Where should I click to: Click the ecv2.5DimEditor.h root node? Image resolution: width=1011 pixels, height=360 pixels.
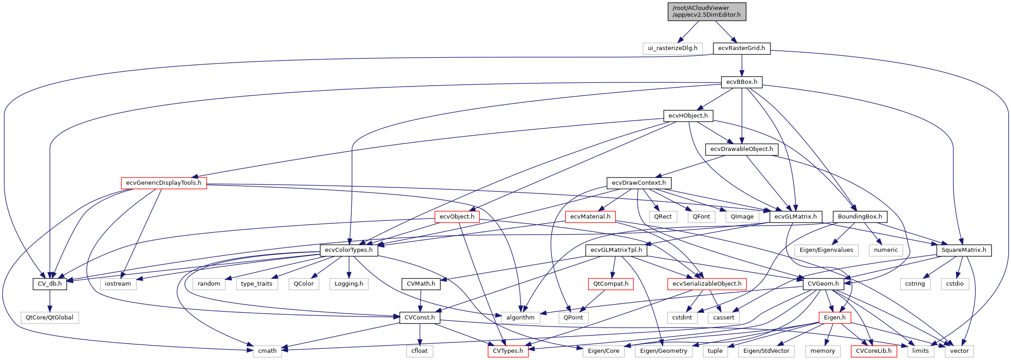click(706, 12)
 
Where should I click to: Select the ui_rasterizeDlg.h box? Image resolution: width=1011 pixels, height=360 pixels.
click(672, 48)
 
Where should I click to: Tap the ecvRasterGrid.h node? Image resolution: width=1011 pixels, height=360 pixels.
click(741, 48)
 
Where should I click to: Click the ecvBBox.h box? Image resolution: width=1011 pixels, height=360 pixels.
click(742, 82)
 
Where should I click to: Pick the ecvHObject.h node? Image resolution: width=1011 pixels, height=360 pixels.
click(688, 116)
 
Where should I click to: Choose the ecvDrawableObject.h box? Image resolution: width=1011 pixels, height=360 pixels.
click(742, 149)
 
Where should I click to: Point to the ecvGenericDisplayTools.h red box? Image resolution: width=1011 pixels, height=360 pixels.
click(164, 183)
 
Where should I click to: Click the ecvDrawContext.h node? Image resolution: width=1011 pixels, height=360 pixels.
click(638, 183)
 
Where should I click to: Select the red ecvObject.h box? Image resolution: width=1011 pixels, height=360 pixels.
click(457, 217)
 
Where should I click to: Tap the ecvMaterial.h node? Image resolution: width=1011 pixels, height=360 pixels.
click(590, 217)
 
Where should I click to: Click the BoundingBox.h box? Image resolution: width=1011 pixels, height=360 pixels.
click(860, 217)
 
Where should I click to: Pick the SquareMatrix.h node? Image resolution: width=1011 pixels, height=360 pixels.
click(964, 250)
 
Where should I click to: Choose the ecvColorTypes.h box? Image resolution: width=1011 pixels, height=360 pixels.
click(349, 250)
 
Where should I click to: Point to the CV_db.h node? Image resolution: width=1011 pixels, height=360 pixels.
click(50, 284)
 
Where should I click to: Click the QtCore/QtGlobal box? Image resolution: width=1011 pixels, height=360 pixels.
click(50, 318)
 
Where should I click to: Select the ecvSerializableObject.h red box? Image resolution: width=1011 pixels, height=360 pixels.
click(706, 284)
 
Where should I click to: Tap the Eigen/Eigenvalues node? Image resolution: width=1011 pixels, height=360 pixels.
click(826, 250)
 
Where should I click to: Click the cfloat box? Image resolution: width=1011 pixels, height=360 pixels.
click(419, 351)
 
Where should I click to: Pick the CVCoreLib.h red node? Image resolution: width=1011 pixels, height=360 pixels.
click(874, 351)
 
